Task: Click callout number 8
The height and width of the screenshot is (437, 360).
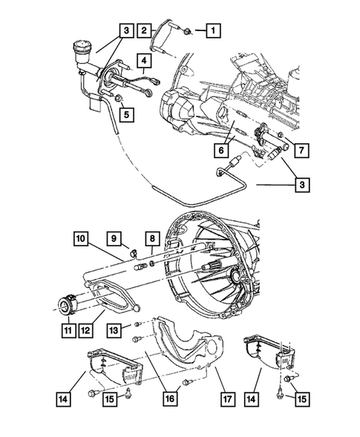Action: coord(151,239)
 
